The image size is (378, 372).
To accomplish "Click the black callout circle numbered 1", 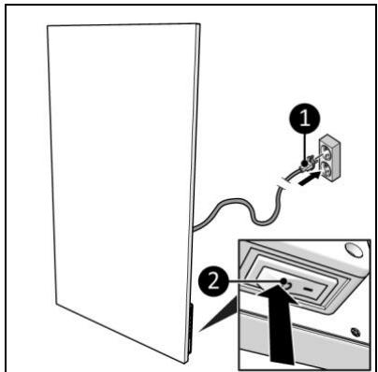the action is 305,119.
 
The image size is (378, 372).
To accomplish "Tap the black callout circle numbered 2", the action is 213,282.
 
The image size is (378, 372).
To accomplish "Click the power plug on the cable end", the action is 307,164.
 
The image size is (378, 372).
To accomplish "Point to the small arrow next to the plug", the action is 310,179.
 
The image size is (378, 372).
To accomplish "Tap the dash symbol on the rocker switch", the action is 309,290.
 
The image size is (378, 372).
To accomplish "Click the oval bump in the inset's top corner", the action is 354,250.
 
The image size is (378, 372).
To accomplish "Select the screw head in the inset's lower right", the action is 356,332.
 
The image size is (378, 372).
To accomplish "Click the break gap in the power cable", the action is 285,183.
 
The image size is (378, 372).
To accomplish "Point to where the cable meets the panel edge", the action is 194,229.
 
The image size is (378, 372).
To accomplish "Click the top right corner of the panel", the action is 198,24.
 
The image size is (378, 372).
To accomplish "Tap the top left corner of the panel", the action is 48,26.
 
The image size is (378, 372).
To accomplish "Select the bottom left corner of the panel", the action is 56,304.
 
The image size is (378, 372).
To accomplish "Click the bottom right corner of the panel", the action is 186,363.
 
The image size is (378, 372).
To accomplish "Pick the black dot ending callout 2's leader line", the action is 284,281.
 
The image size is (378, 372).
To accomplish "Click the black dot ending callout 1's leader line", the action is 305,163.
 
